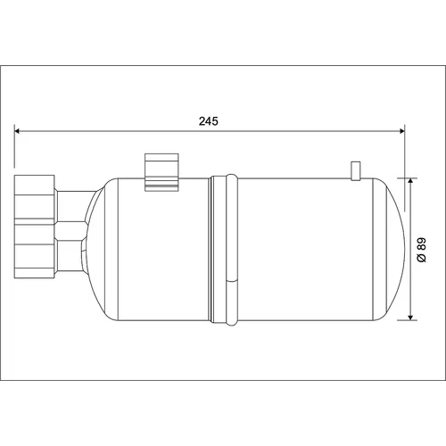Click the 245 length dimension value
point(209,121)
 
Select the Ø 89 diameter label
point(422,250)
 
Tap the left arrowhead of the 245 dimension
point(17,131)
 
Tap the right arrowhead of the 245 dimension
point(402,131)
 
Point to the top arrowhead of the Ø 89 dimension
point(410,181)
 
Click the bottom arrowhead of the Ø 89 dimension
point(410,318)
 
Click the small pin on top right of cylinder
point(356,171)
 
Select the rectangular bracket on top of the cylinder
point(161,172)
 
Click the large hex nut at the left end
point(35,227)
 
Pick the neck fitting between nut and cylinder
point(71,231)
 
